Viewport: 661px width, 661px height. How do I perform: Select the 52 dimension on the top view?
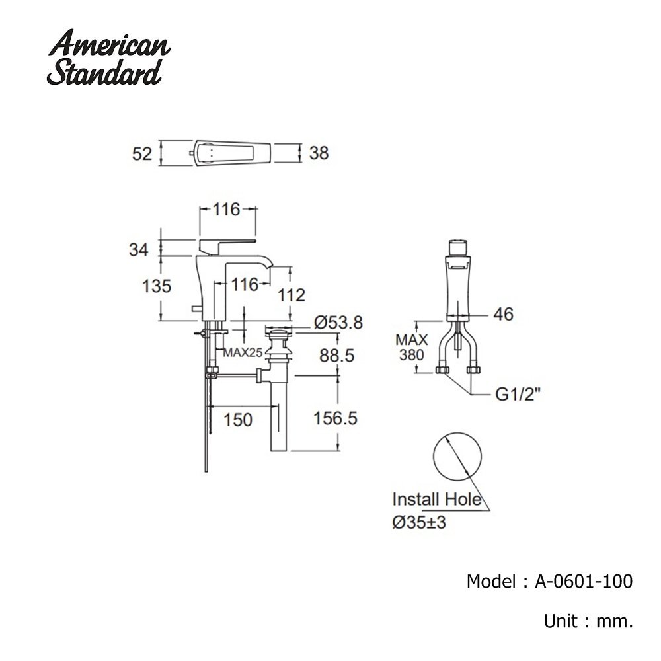point(142,153)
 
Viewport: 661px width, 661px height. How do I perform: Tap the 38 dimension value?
point(319,153)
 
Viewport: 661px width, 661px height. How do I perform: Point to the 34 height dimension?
point(138,249)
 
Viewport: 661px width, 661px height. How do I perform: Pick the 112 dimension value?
point(292,295)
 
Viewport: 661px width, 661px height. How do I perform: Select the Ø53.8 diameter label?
point(338,323)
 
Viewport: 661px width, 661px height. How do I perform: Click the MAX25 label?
point(242,352)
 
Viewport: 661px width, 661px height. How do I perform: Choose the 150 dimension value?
point(237,420)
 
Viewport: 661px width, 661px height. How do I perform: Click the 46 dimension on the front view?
point(503,314)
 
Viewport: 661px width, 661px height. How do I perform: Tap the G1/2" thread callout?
point(518,395)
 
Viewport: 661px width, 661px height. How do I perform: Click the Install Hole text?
point(436,499)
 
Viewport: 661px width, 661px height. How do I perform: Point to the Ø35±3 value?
point(419,522)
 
